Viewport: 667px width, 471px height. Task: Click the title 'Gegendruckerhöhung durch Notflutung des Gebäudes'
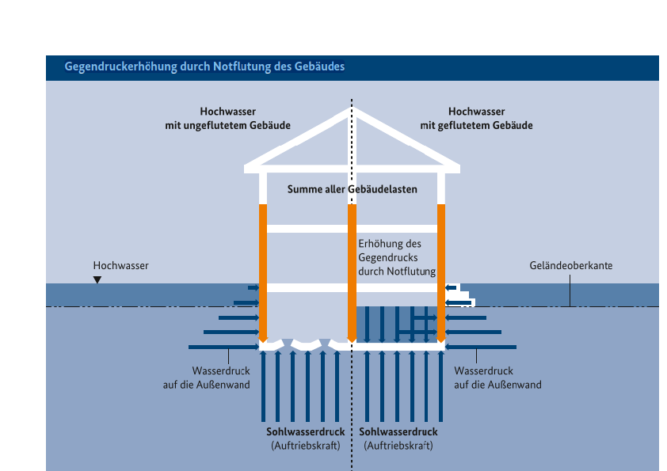click(x=204, y=67)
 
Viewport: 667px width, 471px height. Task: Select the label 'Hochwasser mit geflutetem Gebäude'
click(x=476, y=119)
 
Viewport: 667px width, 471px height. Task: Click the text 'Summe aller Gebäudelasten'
click(x=352, y=190)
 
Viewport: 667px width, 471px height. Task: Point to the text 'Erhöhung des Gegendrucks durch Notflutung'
click(x=397, y=258)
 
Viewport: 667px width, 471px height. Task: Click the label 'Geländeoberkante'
click(x=570, y=266)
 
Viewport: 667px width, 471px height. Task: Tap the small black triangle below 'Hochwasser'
click(x=97, y=279)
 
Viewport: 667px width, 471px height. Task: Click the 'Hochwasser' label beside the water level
click(x=120, y=266)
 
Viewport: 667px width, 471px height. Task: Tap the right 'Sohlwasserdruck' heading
click(x=398, y=432)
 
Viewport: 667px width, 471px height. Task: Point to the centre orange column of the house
click(x=352, y=277)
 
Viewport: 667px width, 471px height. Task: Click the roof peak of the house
click(x=353, y=112)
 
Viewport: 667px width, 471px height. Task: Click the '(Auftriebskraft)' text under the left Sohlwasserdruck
click(x=305, y=446)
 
